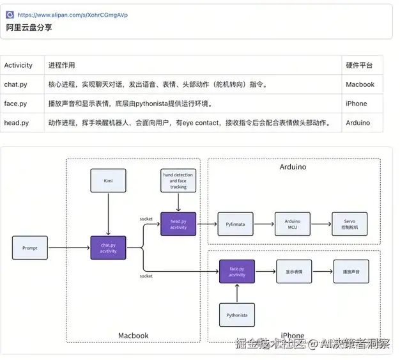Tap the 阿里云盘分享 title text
click(x=29, y=28)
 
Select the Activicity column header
click(x=19, y=65)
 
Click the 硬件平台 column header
click(x=359, y=65)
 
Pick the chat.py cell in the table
click(x=15, y=84)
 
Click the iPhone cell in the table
click(x=356, y=104)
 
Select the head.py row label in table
click(x=16, y=123)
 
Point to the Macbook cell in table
click(x=360, y=84)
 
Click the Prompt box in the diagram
click(x=30, y=247)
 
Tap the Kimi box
click(x=108, y=181)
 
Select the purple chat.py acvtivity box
click(x=108, y=247)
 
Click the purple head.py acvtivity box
click(x=178, y=223)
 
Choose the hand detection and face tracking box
click(x=178, y=181)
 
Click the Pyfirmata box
click(x=236, y=224)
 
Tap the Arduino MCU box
click(x=292, y=224)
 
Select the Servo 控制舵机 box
click(x=349, y=224)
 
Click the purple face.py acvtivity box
click(x=237, y=272)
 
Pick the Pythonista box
click(x=237, y=315)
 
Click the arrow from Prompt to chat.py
click(x=69, y=247)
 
